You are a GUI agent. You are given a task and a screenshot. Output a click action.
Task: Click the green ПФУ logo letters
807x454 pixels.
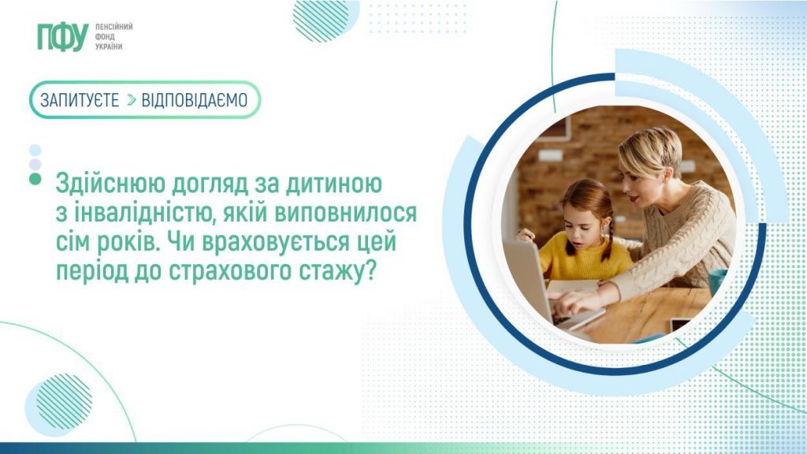pyautogui.click(x=61, y=37)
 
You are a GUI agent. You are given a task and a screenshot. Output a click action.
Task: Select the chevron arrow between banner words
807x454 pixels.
pyautogui.click(x=131, y=100)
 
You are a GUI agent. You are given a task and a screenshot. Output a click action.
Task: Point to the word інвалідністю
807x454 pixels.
pyautogui.click(x=139, y=214)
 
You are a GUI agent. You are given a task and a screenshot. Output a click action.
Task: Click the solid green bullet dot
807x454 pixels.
pyautogui.click(x=35, y=180)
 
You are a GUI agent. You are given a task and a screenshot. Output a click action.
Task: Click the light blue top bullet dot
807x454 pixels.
pyautogui.click(x=35, y=150)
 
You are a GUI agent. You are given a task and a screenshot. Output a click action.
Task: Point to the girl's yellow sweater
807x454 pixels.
pyautogui.click(x=586, y=260)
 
